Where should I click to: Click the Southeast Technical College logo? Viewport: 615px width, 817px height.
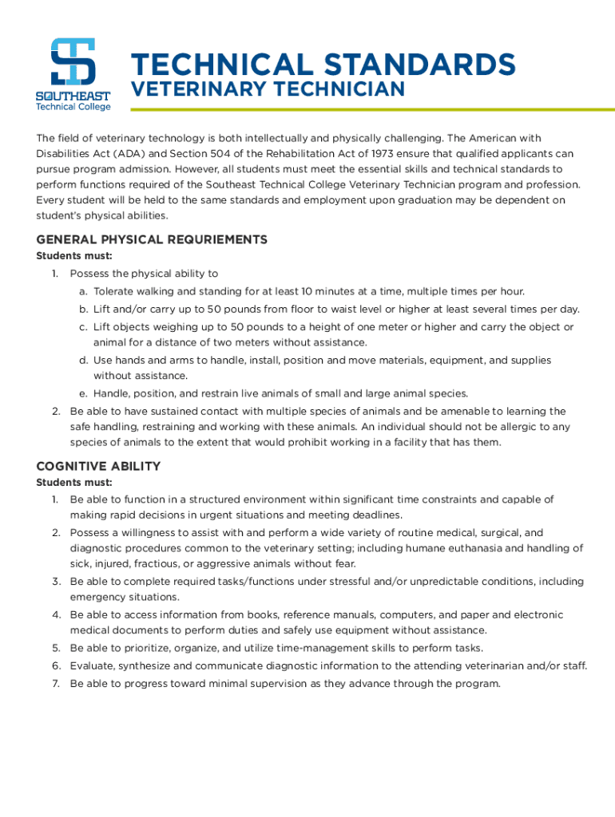tap(73, 74)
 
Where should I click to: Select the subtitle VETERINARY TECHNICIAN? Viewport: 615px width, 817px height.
tap(268, 90)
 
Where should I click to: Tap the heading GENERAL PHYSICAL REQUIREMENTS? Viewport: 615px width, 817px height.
tap(152, 239)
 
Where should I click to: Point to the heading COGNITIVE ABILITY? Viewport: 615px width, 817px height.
tap(98, 466)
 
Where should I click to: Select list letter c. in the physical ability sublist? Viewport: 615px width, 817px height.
tap(83, 327)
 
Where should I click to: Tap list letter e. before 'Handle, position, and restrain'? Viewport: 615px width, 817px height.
tap(83, 393)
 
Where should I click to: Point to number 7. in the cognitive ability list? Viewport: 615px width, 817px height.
tap(57, 684)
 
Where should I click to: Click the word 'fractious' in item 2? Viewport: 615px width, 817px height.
tap(163, 564)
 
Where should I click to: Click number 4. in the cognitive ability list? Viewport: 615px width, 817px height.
tap(57, 615)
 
